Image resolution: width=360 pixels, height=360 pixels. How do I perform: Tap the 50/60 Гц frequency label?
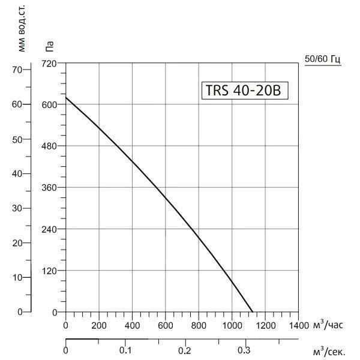coord(323,59)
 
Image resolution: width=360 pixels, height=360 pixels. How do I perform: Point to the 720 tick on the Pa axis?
coord(49,62)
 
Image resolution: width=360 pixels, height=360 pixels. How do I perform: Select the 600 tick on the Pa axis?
coord(49,104)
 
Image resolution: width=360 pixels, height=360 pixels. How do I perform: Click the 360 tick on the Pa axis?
coord(49,187)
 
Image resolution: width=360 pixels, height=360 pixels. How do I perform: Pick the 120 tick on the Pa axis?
coord(49,271)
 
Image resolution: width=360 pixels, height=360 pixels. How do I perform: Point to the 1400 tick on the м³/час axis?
coord(297,325)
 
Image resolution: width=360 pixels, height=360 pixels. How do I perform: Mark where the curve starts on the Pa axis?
coord(66,97)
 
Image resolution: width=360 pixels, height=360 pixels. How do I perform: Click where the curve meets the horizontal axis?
coord(253,312)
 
